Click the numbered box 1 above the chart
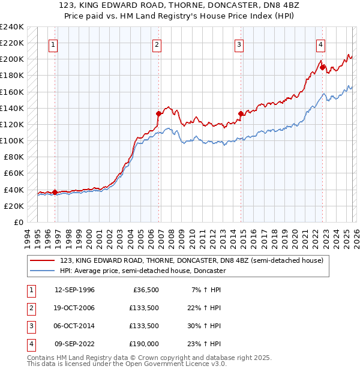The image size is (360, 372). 53,44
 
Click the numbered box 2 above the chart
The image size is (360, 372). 157,44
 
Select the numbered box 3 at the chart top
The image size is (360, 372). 239,44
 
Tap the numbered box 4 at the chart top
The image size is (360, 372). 321,44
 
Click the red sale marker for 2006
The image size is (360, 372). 159,113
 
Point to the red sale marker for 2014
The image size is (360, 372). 241,113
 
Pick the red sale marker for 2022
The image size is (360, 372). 322,68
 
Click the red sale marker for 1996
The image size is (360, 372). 55,193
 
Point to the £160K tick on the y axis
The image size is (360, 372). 12,92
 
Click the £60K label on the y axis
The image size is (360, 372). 14,173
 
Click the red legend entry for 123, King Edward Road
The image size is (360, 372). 191,260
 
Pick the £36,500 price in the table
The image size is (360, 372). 145,290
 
